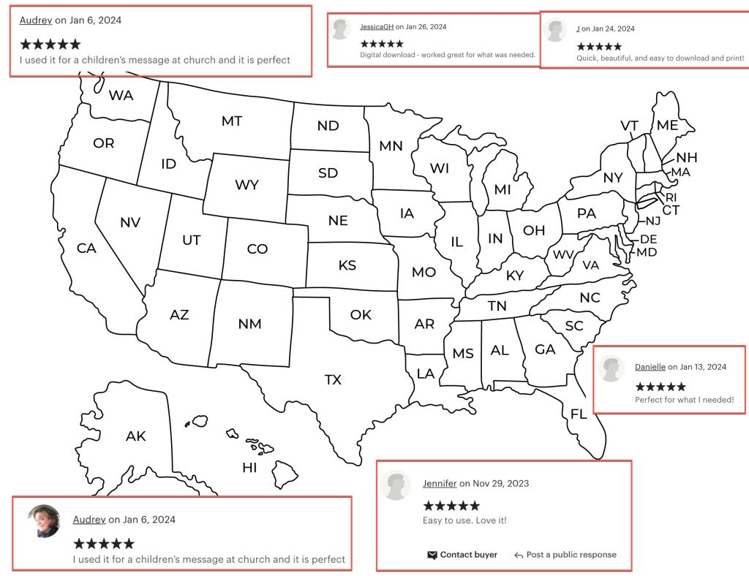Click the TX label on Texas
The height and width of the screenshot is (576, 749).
point(333,379)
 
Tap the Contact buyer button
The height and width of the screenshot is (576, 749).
point(462,555)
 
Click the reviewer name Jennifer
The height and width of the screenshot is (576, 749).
point(440,483)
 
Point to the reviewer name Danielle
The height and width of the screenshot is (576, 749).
point(650,367)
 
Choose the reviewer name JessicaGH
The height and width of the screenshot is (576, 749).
point(377,27)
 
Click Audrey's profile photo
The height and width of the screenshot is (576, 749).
point(44,520)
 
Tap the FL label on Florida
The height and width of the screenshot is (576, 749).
point(579,414)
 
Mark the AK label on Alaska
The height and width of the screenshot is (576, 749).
point(135,436)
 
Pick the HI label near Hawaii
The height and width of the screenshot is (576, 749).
point(249,467)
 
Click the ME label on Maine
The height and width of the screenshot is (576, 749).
point(667,125)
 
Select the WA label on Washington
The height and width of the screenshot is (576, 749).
point(121,95)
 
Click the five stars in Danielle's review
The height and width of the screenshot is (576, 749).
point(660,387)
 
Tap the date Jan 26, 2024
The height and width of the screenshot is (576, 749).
point(425,27)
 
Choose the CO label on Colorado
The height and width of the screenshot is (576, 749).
point(257,249)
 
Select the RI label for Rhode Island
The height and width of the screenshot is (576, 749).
point(671,197)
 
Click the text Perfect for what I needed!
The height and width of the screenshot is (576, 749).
point(684,400)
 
